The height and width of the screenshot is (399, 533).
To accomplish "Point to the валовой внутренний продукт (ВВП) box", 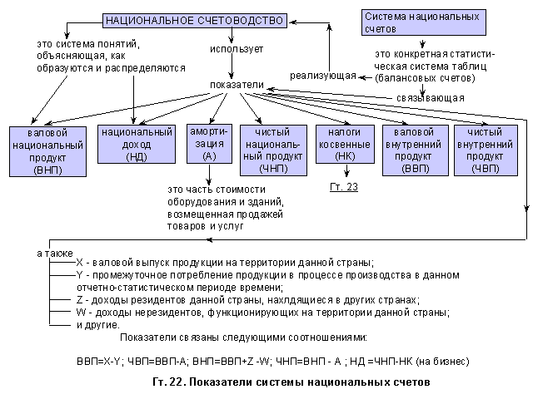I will click(x=414, y=150).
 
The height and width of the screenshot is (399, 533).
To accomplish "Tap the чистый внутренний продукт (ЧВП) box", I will click(x=487, y=150).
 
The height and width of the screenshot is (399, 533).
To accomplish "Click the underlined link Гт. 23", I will click(x=343, y=187).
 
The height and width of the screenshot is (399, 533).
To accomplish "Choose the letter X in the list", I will click(x=80, y=262).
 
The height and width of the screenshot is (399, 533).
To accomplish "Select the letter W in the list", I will click(x=81, y=312).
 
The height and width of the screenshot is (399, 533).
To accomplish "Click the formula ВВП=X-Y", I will click(x=99, y=362).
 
